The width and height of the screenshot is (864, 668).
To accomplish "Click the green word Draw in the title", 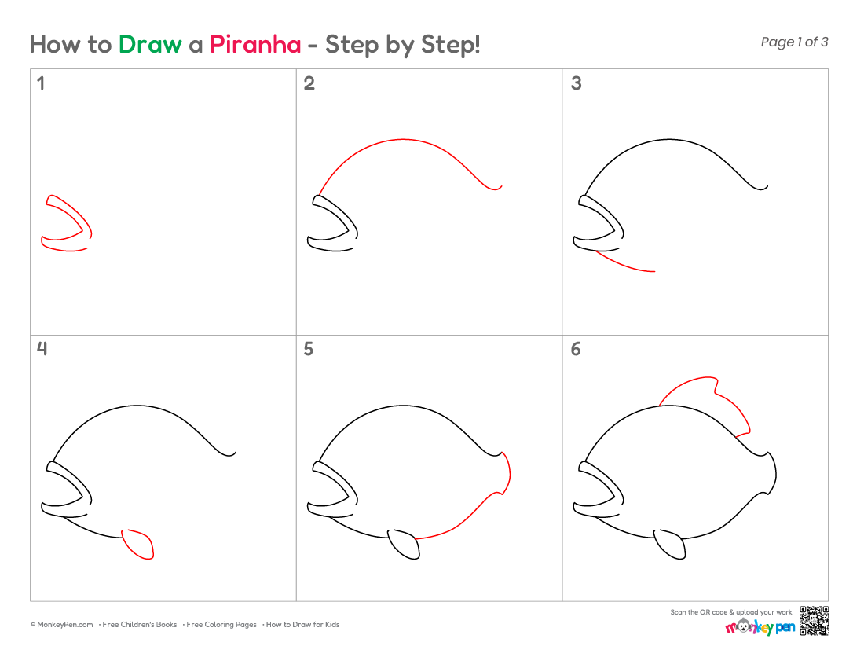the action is [x=150, y=45].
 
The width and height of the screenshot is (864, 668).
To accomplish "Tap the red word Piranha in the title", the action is [x=255, y=45].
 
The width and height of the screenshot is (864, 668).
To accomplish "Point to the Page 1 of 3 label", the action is [x=794, y=42].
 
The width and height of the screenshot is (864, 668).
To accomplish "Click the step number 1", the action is [x=41, y=83].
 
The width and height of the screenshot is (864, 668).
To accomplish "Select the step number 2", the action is [x=309, y=83].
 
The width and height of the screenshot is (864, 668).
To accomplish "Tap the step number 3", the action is [x=576, y=83].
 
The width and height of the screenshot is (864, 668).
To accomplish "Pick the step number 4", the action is [x=42, y=348].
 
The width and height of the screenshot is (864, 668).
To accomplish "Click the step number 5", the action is [x=309, y=349].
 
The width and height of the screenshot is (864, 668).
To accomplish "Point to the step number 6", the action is [x=576, y=349].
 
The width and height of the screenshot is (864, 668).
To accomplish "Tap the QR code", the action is [x=815, y=621].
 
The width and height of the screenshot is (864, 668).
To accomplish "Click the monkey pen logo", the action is [x=760, y=626].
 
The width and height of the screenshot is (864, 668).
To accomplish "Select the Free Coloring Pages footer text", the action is [x=221, y=625].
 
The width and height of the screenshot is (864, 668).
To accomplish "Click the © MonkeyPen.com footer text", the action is [x=61, y=625].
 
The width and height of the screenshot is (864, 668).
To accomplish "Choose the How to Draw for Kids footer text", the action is [x=302, y=625].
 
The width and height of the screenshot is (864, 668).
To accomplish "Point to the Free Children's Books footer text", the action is [x=139, y=625].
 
